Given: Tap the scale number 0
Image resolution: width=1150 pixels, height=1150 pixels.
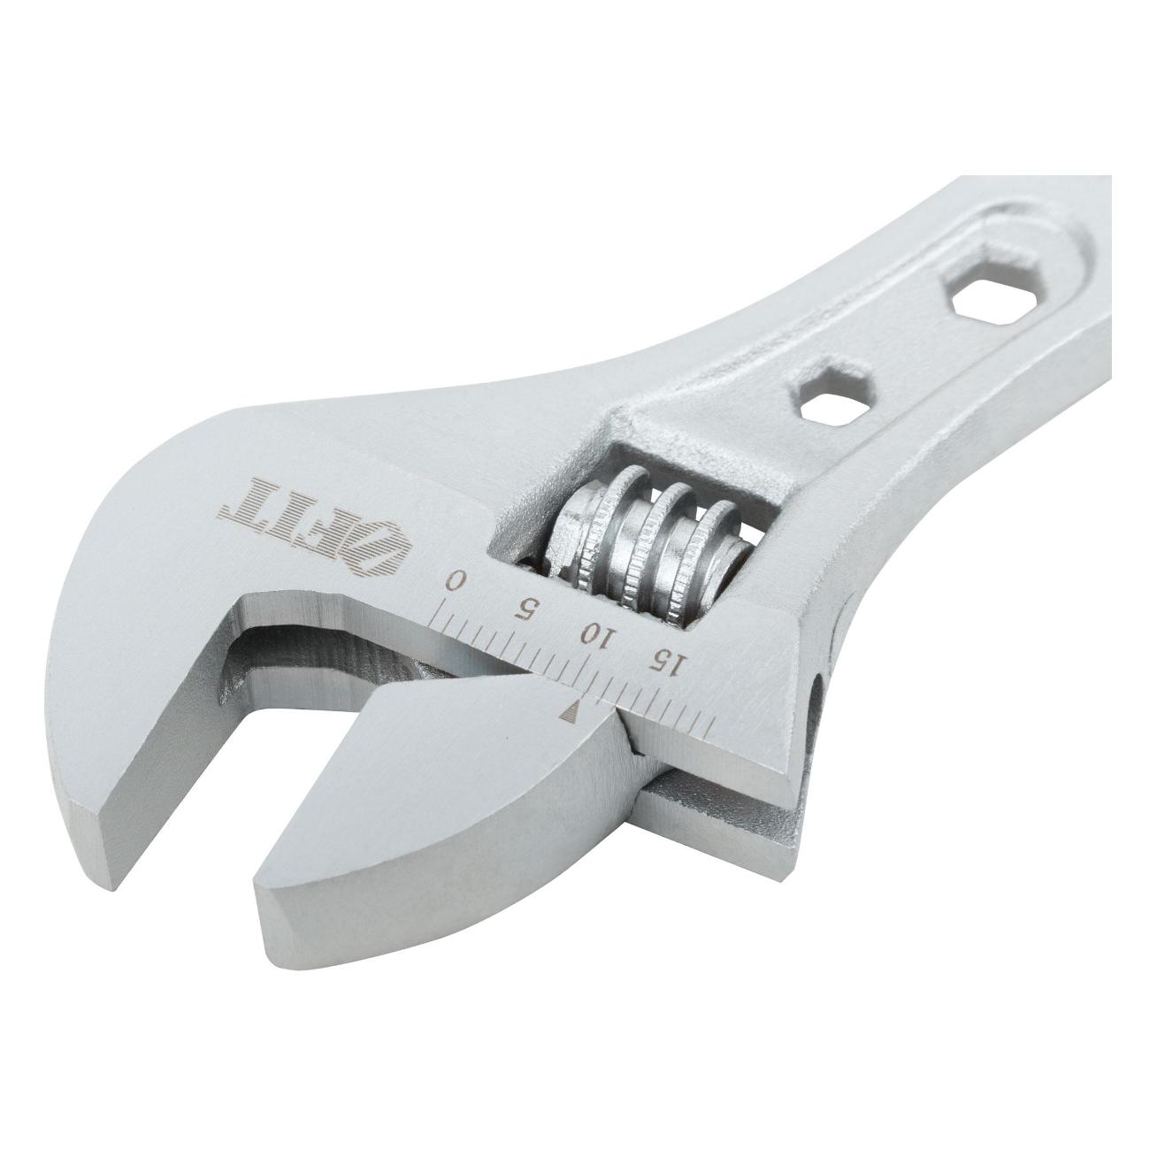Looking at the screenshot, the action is [456, 580].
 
